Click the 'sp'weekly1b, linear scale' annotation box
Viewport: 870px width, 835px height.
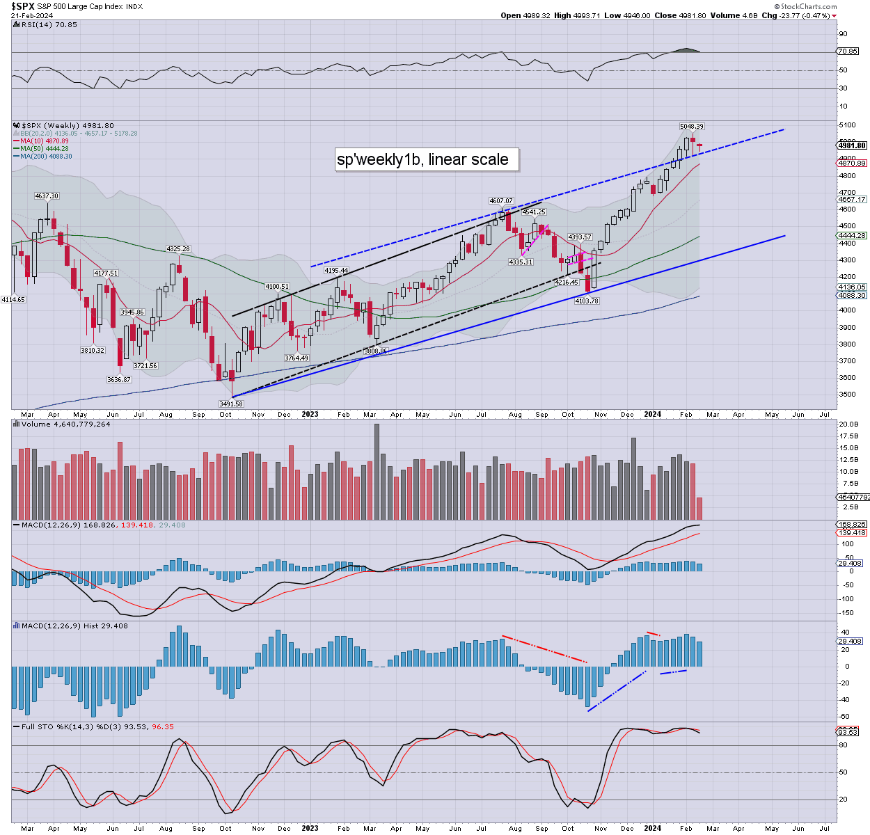point(422,159)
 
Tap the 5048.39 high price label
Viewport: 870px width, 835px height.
point(692,127)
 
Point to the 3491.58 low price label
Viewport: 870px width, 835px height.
point(230,404)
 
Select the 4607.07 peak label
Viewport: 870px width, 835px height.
point(501,201)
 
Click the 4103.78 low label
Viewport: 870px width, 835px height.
point(587,301)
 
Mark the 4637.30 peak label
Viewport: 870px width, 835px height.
point(47,196)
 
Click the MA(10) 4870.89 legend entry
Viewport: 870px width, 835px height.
point(44,141)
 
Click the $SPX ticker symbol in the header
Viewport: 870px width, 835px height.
point(23,6)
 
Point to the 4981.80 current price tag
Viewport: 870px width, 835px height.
point(853,145)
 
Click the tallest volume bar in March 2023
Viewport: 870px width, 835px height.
point(377,472)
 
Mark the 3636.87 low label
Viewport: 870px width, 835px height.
point(119,379)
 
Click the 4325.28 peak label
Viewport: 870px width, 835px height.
point(178,249)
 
